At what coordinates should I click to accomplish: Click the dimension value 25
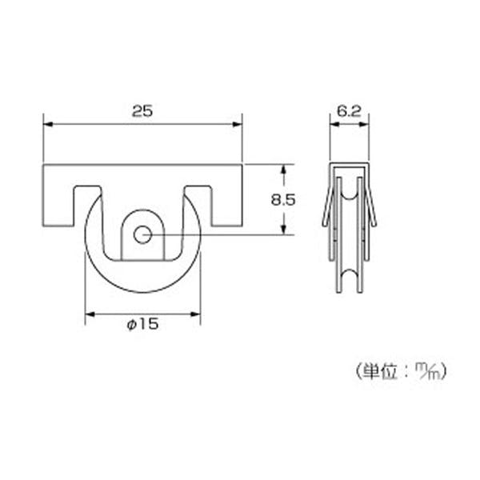[x=142, y=111]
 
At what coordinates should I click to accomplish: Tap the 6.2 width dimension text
[x=349, y=111]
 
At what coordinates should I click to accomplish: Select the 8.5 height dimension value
[x=283, y=200]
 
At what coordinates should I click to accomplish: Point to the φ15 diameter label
[x=142, y=324]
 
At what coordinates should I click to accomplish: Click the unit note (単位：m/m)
[x=402, y=371]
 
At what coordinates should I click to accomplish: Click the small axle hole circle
[x=142, y=234]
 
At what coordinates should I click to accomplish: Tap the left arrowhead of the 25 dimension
[x=48, y=124]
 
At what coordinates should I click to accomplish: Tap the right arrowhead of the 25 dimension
[x=238, y=124]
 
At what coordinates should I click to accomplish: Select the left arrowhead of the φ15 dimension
[x=90, y=314]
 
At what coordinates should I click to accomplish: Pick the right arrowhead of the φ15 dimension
[x=195, y=314]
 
